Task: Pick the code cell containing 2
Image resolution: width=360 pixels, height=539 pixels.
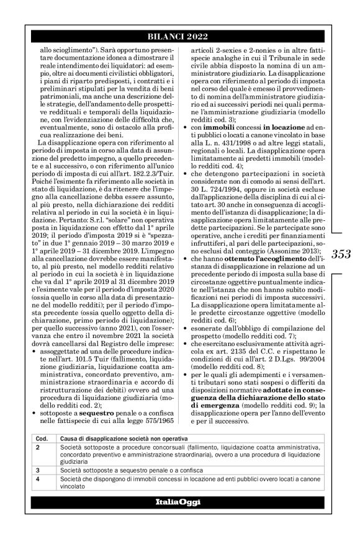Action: (38, 447)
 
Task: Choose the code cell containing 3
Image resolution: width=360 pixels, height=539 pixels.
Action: (38, 470)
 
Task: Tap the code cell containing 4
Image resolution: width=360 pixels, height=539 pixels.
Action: (38, 478)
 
